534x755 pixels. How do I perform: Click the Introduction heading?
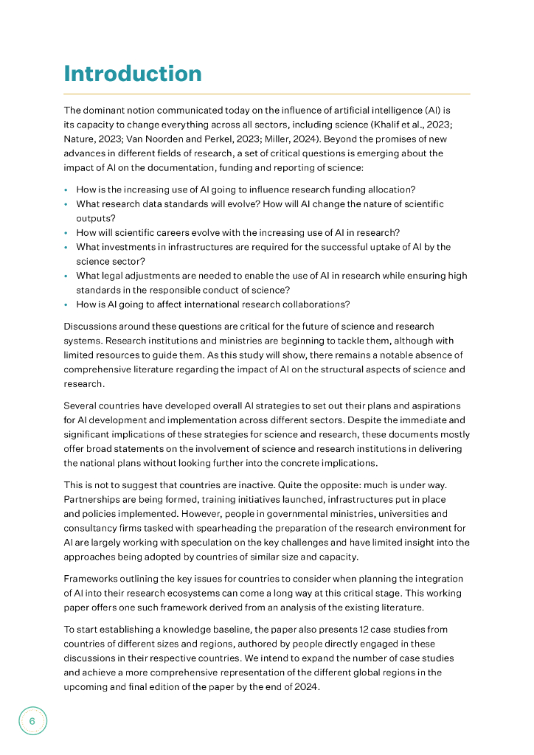(133, 74)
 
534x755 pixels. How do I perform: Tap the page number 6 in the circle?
(32, 720)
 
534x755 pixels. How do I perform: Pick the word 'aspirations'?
(435, 406)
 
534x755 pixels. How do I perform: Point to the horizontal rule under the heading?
(267, 94)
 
